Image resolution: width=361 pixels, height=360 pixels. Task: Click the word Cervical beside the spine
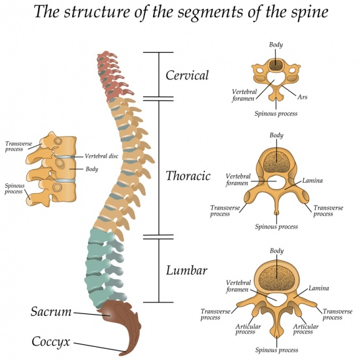tap(187, 75)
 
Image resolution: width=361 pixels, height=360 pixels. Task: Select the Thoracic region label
tap(188, 175)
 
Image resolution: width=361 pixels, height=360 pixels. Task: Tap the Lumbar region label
tap(186, 270)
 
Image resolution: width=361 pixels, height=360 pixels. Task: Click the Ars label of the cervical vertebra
tap(303, 97)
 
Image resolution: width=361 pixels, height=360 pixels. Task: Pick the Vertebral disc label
tap(102, 156)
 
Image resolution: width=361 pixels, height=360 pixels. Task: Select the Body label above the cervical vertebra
tap(276, 45)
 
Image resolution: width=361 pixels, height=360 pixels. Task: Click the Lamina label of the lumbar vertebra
tap(318, 288)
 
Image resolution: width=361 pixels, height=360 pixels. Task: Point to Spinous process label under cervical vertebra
tap(276, 113)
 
